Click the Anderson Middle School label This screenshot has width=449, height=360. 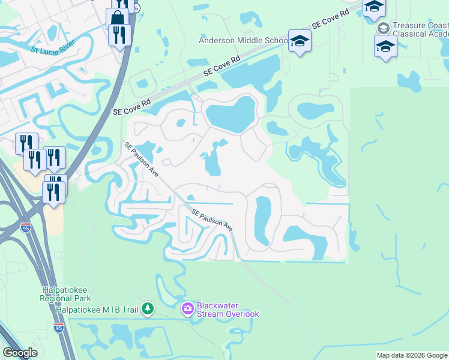(243, 40)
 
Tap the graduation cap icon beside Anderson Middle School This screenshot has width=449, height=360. (299, 41)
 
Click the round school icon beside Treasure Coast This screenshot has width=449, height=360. (382, 28)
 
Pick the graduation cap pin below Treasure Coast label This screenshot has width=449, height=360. (385, 46)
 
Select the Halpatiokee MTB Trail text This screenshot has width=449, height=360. (97, 310)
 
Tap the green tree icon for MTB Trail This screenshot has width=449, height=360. (147, 310)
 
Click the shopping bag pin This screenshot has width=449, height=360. (117, 17)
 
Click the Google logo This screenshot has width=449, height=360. (20, 353)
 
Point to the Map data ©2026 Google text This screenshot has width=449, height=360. (412, 355)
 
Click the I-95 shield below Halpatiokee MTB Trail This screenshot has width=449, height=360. (59, 328)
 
